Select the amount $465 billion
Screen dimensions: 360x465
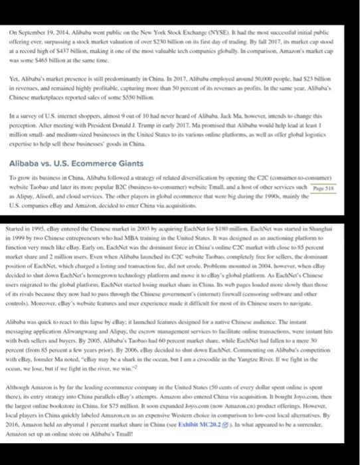(50, 58)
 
